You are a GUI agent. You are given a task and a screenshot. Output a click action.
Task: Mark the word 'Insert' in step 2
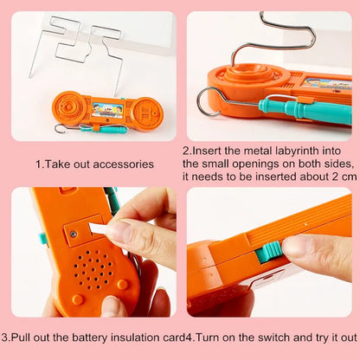point(207,150)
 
